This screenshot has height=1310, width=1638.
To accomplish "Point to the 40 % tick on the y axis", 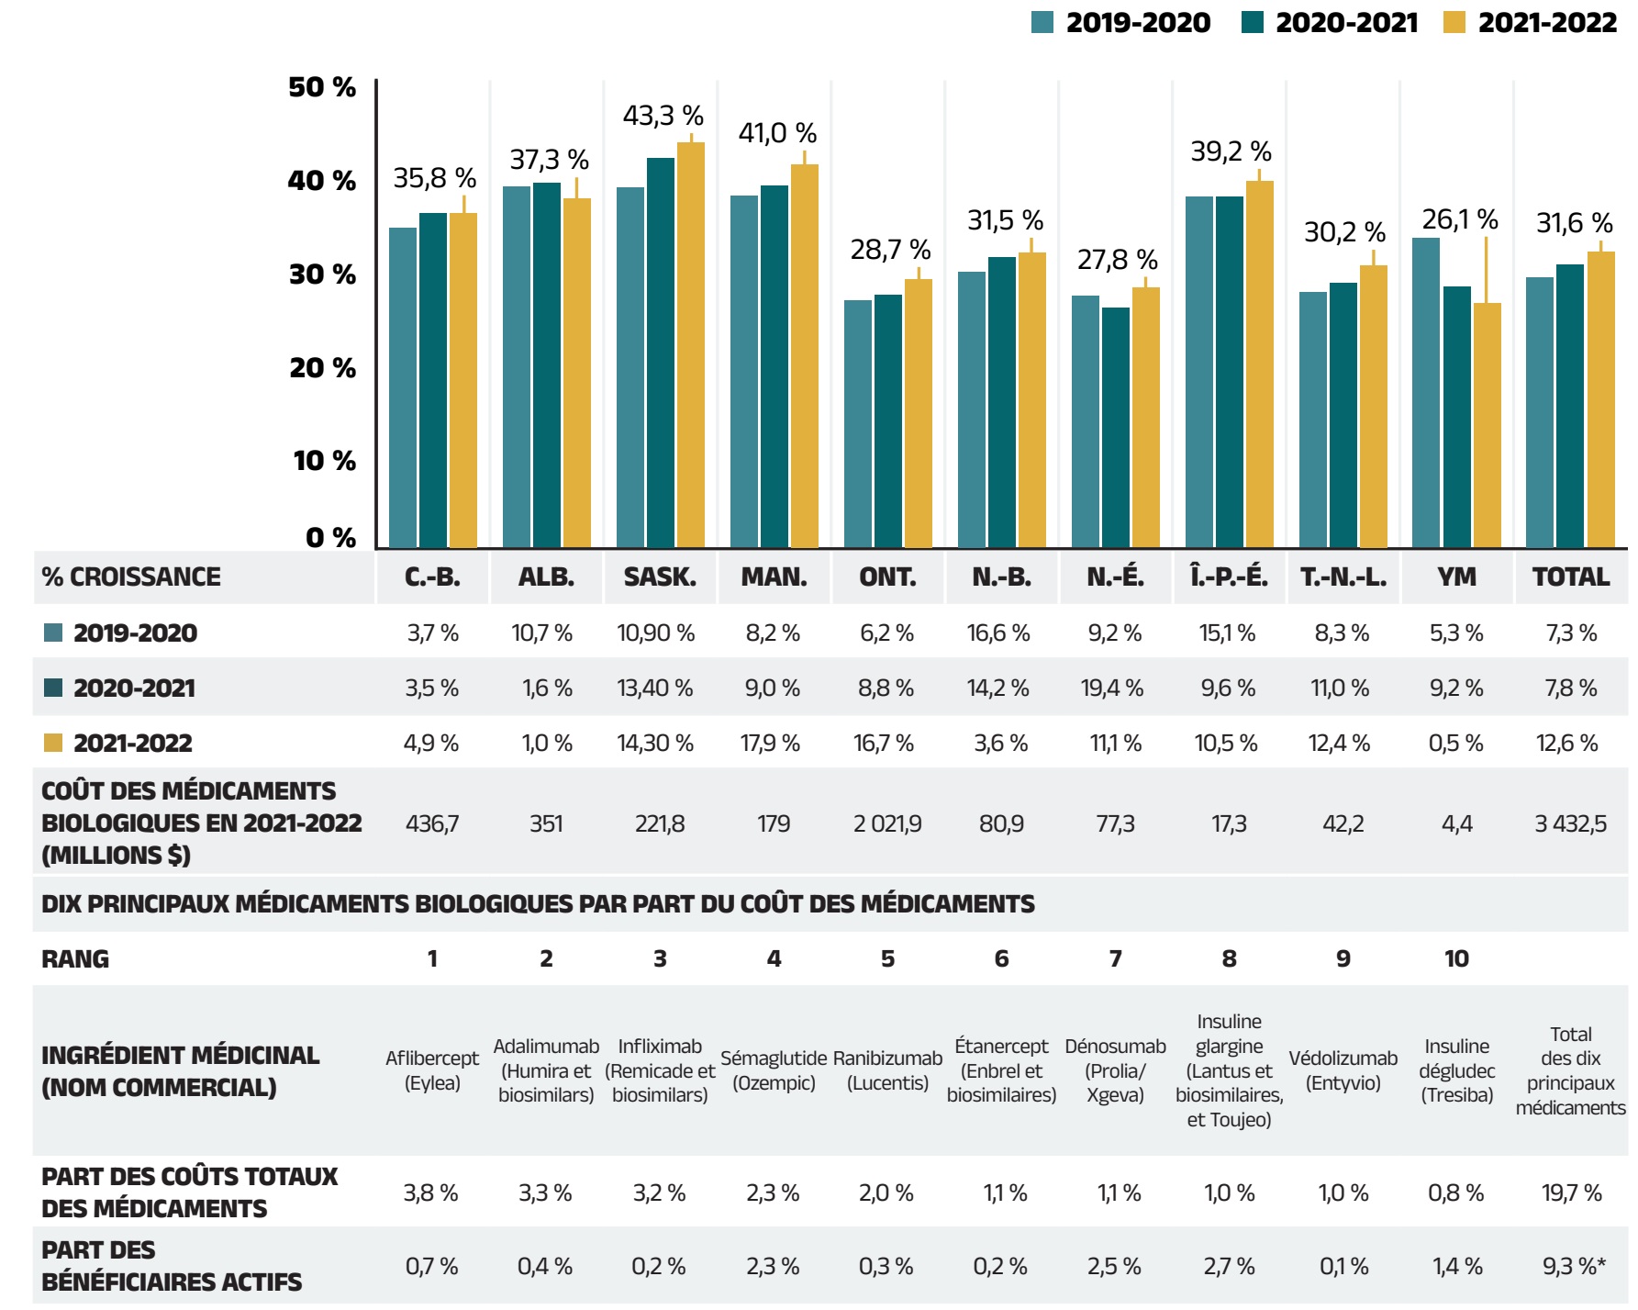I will [x=322, y=180].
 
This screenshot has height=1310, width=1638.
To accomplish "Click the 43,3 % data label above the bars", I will [x=663, y=116].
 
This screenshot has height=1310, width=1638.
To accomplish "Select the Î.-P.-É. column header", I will [x=1229, y=577].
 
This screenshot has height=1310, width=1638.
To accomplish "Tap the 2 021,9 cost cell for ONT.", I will [x=887, y=823].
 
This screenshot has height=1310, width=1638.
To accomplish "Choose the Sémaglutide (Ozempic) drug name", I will [x=774, y=1070].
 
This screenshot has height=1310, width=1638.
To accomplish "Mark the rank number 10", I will [x=1456, y=958].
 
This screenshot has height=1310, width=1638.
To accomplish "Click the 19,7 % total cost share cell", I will [x=1571, y=1192].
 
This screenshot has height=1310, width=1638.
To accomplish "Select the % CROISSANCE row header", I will [x=131, y=577].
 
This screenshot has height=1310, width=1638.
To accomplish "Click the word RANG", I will [x=75, y=958].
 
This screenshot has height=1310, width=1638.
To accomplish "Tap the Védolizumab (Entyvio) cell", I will [x=1343, y=1070].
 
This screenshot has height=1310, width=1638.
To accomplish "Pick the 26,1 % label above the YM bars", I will [x=1459, y=219].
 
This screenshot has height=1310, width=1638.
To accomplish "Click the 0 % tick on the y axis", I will [x=330, y=537].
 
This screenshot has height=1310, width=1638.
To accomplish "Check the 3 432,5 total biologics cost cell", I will [x=1570, y=823].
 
